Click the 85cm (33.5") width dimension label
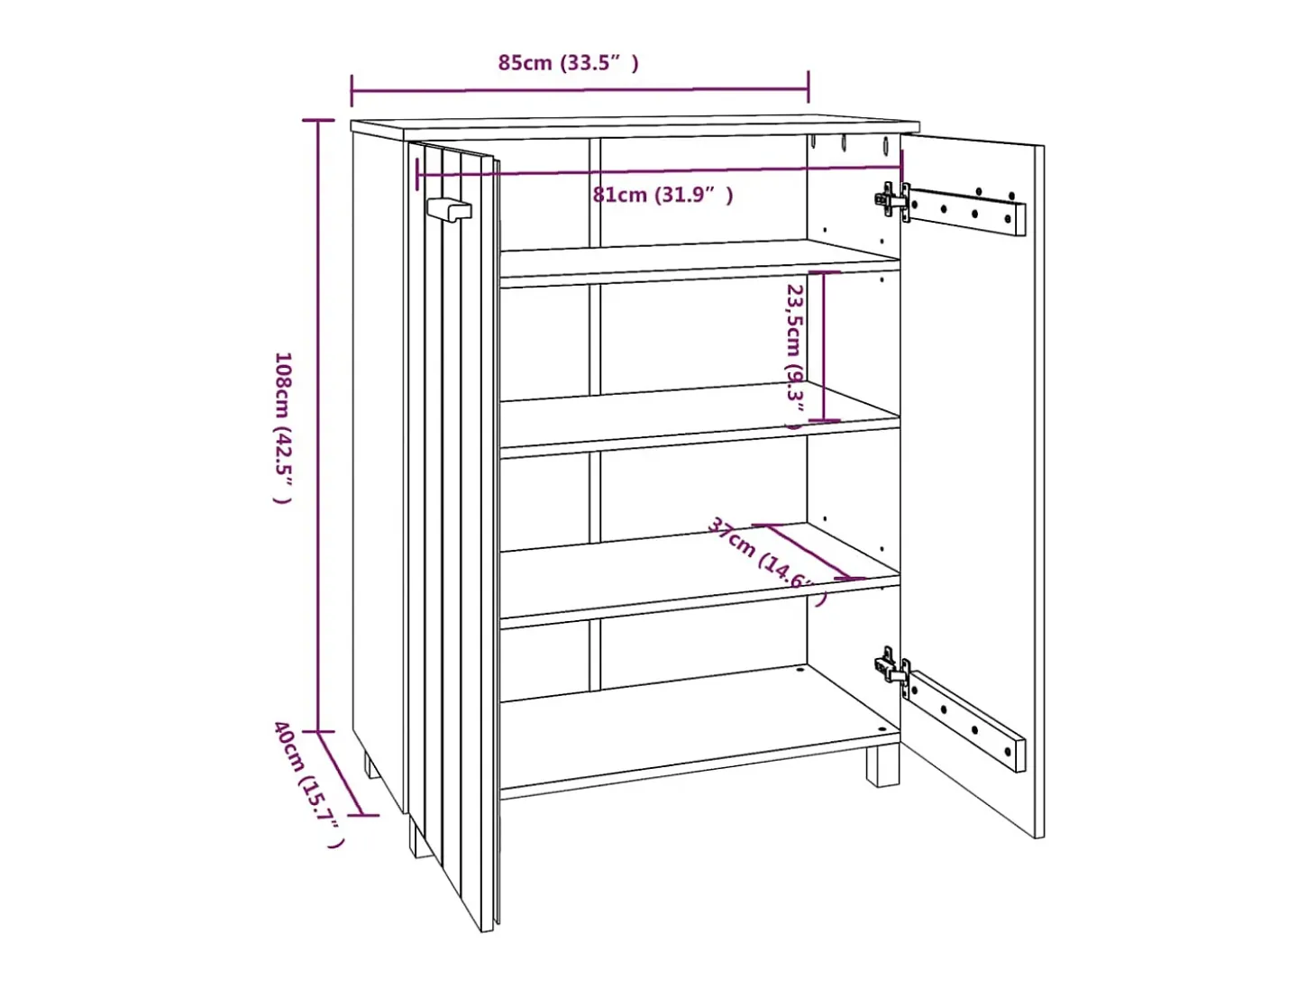[x=568, y=62]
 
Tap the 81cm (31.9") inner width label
[x=663, y=195]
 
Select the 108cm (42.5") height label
[x=282, y=427]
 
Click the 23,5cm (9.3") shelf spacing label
[x=796, y=356]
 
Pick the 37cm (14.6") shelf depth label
[x=767, y=561]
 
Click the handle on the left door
[x=449, y=209]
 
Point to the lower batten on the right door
[x=966, y=720]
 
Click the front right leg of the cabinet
[x=882, y=765]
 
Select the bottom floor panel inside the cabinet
[x=699, y=727]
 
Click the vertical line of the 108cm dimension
[x=318, y=425]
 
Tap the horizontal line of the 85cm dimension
[x=580, y=90]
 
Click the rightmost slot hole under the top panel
[x=885, y=145]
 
